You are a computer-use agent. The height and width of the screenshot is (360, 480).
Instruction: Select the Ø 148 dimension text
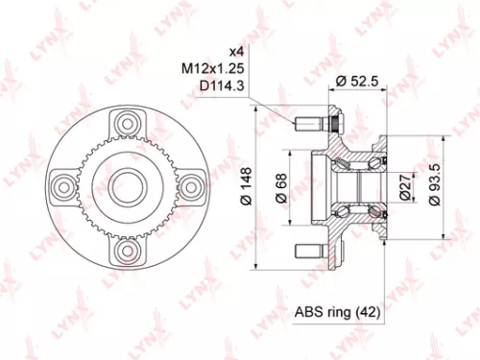[x=247, y=185]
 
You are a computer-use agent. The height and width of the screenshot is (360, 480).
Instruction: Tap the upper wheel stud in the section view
[x=310, y=125]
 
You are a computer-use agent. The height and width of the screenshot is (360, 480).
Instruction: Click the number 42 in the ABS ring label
[x=368, y=313]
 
